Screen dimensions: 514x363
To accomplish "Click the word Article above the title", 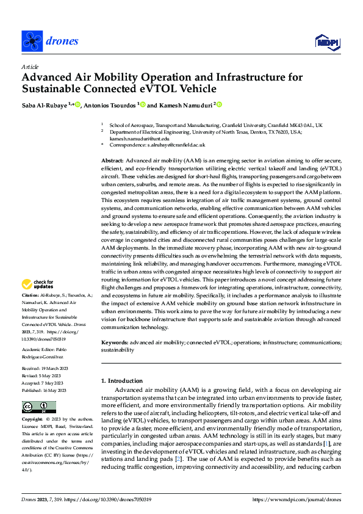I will [x=30, y=67].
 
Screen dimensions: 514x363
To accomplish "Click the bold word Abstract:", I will [x=112, y=160].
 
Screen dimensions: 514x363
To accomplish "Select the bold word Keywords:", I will [x=115, y=344].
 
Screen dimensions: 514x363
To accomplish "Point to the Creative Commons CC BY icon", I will [x=39, y=407].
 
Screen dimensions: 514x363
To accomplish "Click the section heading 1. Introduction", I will [x=124, y=380].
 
